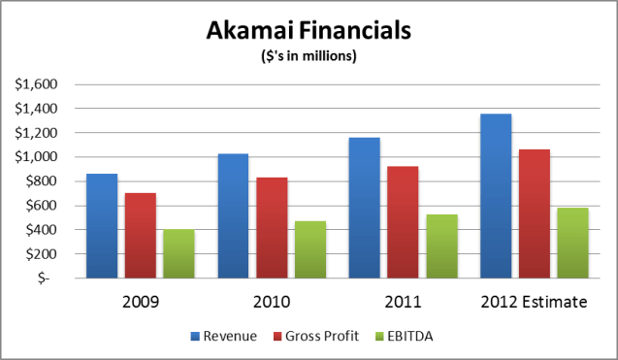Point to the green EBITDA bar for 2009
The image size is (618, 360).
click(x=179, y=253)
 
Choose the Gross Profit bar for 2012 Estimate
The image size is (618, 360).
click(x=533, y=213)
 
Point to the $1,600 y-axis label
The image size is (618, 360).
click(x=37, y=83)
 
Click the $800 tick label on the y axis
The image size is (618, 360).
click(x=41, y=180)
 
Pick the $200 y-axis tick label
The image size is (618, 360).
click(x=41, y=253)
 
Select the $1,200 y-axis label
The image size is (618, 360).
click(x=37, y=132)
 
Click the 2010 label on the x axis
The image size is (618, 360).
click(x=272, y=302)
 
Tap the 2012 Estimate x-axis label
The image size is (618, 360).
click(x=533, y=302)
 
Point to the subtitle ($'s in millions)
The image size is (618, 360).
click(x=309, y=55)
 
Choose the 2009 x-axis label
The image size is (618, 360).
click(x=141, y=302)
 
